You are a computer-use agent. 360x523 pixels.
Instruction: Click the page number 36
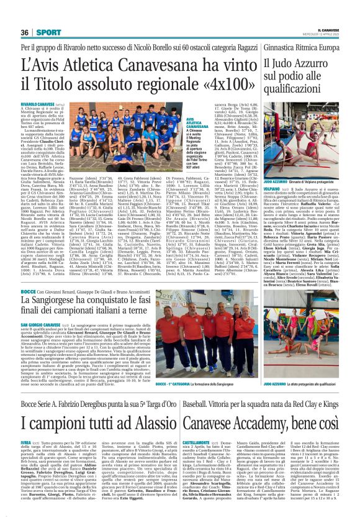(x=25, y=32)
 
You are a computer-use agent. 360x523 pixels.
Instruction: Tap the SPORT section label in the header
(x=45, y=32)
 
